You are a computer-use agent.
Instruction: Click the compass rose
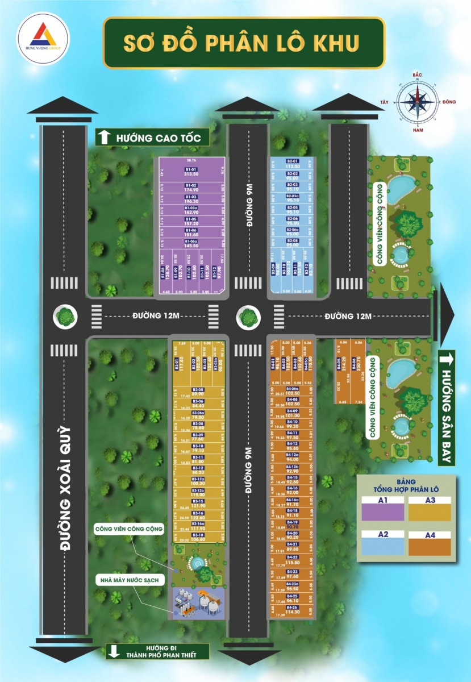pos(419,102)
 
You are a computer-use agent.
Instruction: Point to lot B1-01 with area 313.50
pos(191,172)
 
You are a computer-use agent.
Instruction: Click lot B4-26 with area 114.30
pos(293,610)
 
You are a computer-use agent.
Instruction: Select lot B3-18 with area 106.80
pos(198,538)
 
